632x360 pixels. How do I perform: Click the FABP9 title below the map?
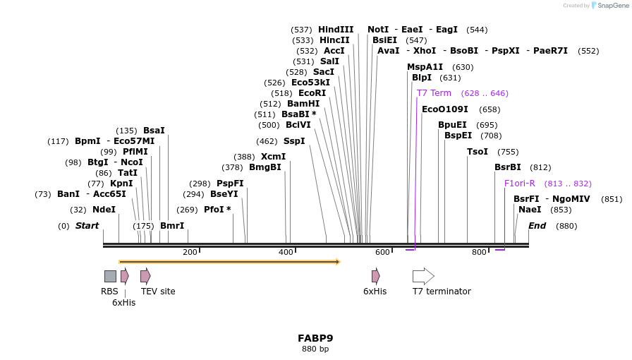(x=315, y=338)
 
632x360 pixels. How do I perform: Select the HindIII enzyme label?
(x=336, y=30)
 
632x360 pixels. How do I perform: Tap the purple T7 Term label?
(x=434, y=93)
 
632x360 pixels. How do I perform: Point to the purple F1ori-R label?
(x=519, y=184)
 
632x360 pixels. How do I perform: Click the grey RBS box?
(x=110, y=276)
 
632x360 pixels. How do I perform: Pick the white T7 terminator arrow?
(x=423, y=276)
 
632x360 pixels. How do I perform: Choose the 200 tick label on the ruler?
(x=190, y=252)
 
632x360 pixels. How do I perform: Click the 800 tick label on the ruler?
(x=479, y=252)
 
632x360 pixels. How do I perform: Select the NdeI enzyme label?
(x=104, y=210)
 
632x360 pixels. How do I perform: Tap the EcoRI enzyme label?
(x=312, y=93)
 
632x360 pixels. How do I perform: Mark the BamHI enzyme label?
(x=303, y=104)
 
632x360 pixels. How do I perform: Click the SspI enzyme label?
(x=294, y=141)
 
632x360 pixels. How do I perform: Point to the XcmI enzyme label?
(x=273, y=157)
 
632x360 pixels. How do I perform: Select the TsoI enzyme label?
(x=478, y=152)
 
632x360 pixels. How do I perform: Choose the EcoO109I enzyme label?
(x=444, y=109)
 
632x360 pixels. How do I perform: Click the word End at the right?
(x=537, y=226)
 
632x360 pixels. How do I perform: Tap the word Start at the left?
(x=87, y=226)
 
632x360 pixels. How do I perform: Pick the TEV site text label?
(x=158, y=292)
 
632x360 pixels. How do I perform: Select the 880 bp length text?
(x=315, y=349)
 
